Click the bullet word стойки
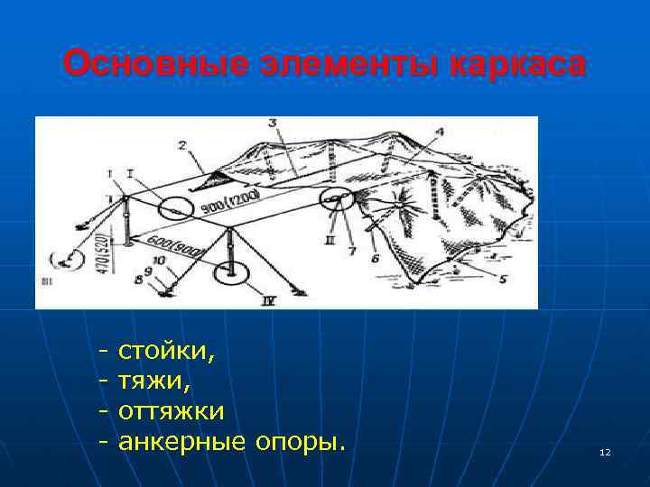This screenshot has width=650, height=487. click(167, 348)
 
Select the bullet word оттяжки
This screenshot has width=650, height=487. click(172, 411)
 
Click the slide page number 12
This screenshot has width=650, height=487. click(605, 451)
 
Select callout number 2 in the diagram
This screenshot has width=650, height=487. click(182, 144)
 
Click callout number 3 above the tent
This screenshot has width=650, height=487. click(272, 122)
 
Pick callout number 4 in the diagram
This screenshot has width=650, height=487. click(440, 132)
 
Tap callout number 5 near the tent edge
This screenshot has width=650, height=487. click(503, 279)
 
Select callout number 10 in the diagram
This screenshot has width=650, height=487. click(158, 262)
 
